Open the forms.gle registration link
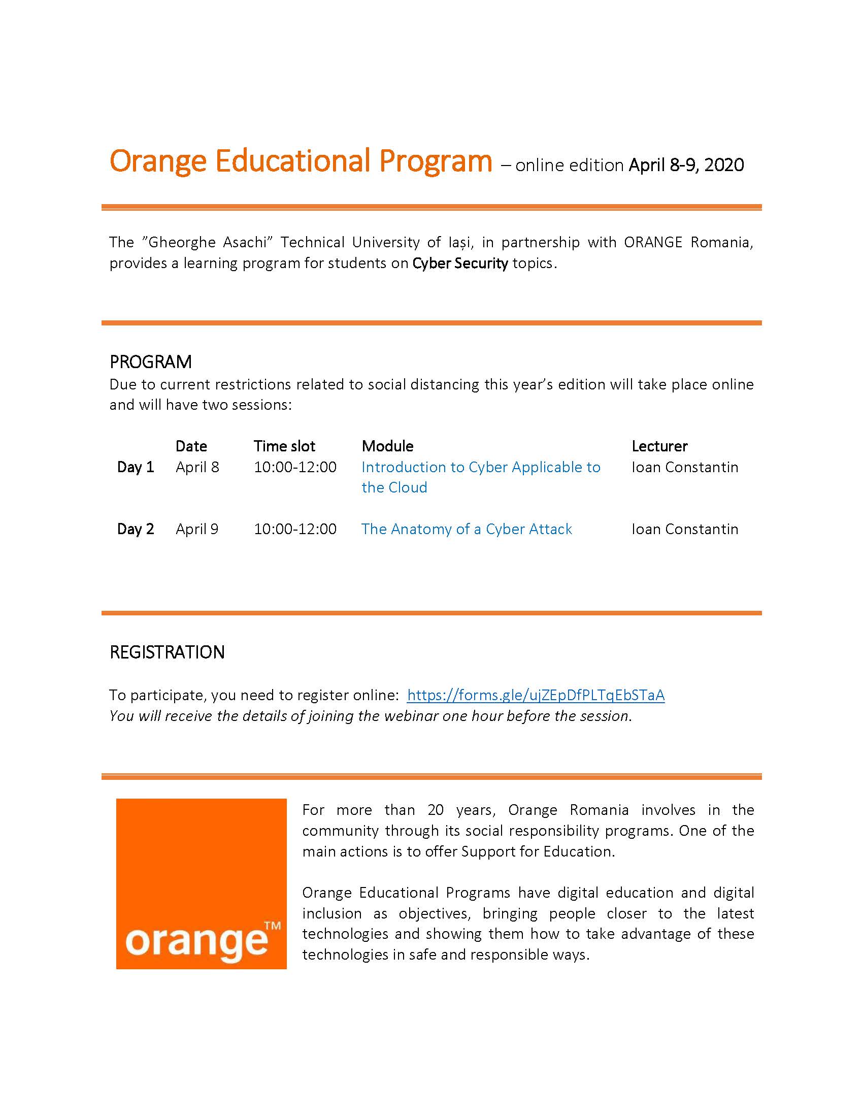pos(535,695)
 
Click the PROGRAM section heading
pos(150,362)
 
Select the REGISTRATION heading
pos(167,652)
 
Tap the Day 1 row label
pos(136,467)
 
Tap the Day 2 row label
pos(136,529)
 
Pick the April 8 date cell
pos(197,467)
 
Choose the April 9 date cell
pos(197,529)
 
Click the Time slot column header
pos(284,446)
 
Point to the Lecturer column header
pos(659,446)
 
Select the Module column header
pos(387,446)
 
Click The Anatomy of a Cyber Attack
pos(466,529)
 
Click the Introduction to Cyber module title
pos(480,468)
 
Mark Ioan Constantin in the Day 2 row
pos(685,529)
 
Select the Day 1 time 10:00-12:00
pos(295,467)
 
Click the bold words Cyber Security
pos(459,264)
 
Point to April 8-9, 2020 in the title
pos(686,165)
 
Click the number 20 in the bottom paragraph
pos(436,810)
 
